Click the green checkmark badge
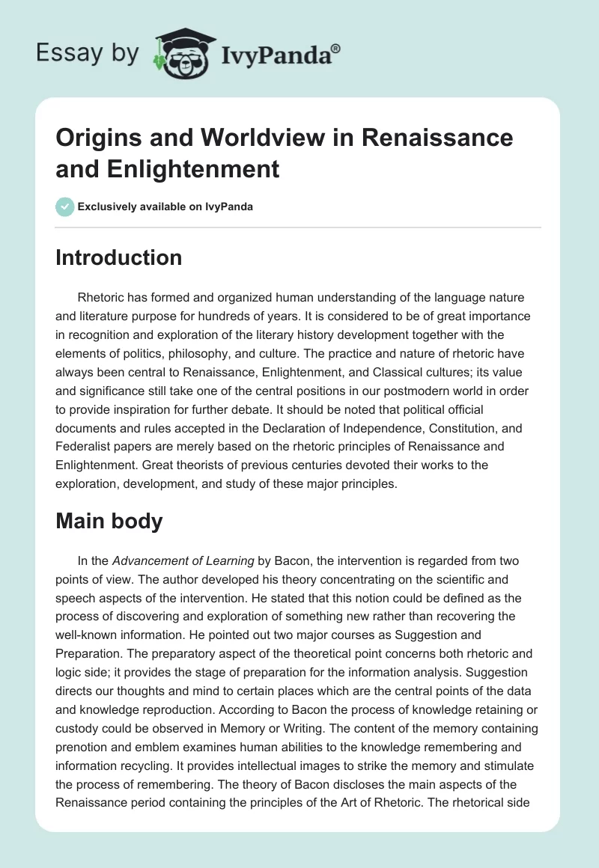tap(64, 207)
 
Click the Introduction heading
tap(118, 257)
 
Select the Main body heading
tap(109, 521)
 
